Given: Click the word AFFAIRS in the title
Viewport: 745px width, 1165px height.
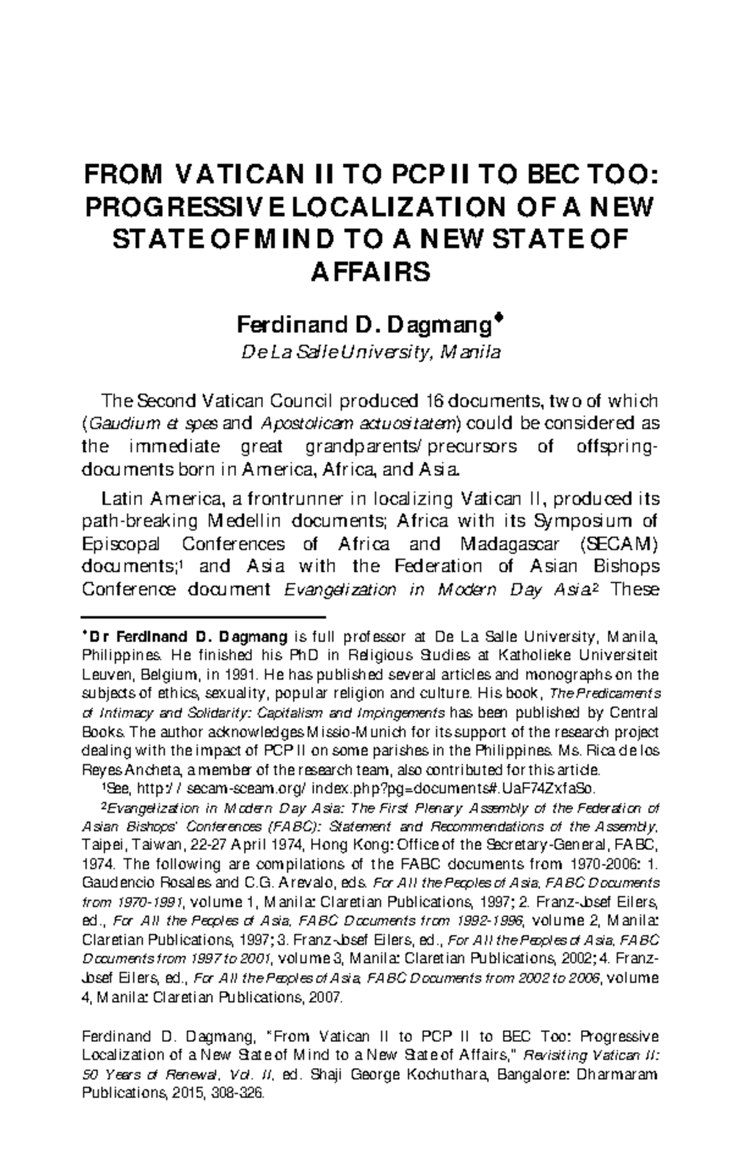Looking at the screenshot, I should pos(370,272).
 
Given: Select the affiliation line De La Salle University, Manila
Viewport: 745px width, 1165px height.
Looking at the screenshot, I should pos(371,353).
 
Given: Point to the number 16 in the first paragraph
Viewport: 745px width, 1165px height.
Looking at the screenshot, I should pos(435,400).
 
